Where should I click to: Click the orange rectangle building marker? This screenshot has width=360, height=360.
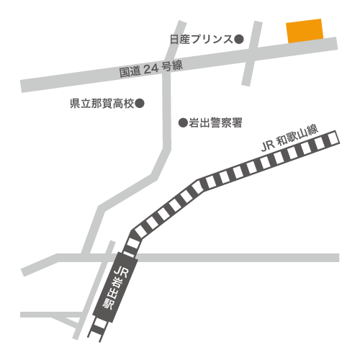click(305, 31)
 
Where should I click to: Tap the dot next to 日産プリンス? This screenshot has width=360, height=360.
click(239, 39)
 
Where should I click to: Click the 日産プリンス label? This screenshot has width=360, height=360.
click(202, 40)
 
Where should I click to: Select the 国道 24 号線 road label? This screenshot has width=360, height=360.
click(151, 69)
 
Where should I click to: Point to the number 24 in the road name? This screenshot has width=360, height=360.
click(151, 69)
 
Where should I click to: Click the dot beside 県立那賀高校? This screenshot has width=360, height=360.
click(140, 104)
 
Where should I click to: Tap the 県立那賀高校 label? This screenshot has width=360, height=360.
click(102, 104)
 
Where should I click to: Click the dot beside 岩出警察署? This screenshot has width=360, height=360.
click(183, 123)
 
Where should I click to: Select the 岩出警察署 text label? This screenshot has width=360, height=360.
click(215, 123)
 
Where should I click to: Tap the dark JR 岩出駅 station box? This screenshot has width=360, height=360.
click(116, 287)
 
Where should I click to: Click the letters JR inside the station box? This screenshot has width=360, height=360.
click(121, 271)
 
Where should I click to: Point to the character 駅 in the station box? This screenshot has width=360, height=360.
click(108, 304)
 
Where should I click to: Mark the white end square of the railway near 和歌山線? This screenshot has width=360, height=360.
click(333, 138)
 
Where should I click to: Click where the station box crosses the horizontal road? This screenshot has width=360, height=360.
click(127, 258)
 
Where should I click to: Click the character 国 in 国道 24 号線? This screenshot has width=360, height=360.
click(125, 73)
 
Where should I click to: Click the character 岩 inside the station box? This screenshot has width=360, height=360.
click(117, 282)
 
